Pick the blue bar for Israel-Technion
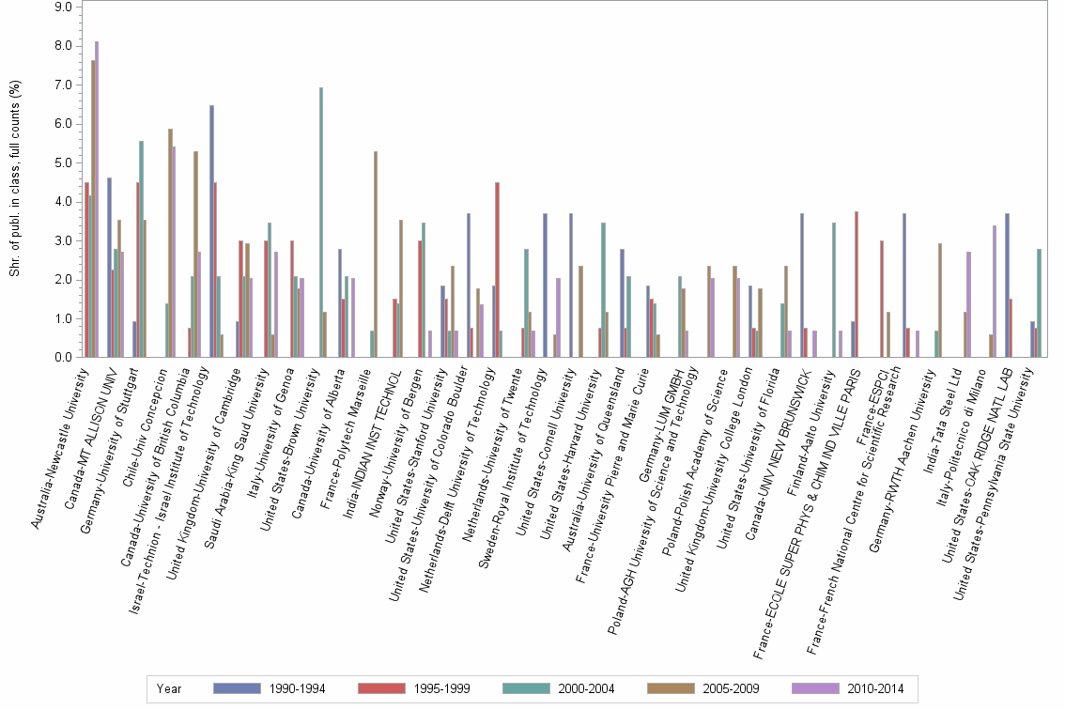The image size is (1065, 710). click(211, 231)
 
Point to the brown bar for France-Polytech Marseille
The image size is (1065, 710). click(376, 254)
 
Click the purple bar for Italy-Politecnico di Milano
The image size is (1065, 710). click(994, 291)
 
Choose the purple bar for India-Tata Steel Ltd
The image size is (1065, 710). click(968, 304)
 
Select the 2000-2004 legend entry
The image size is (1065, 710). click(587, 689)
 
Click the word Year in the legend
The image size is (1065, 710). click(170, 689)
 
